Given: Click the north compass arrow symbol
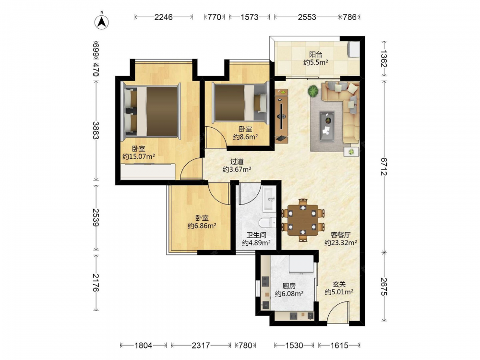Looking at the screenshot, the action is click(x=101, y=22).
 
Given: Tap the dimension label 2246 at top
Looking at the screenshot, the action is click(x=164, y=17).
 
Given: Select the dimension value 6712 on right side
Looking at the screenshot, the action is click(x=384, y=167).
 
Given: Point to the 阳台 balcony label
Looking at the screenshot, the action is click(x=315, y=55).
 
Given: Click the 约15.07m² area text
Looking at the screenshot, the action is click(x=138, y=157).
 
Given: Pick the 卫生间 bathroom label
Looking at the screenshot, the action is click(x=256, y=235).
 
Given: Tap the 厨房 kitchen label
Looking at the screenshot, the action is click(x=289, y=286).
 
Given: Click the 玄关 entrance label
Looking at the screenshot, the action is click(x=339, y=284).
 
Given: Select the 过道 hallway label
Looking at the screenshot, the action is click(x=237, y=161).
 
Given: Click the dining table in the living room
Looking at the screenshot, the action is click(x=303, y=220).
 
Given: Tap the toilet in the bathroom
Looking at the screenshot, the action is click(x=267, y=223).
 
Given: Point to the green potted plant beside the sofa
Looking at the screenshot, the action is click(x=313, y=91).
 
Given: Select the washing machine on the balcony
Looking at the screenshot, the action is click(x=354, y=49).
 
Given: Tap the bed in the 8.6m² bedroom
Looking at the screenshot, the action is click(x=240, y=103).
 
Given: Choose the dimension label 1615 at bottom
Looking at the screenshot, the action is click(x=339, y=346).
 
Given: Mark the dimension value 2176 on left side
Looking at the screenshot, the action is click(x=96, y=283).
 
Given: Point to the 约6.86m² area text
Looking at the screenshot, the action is click(x=202, y=226).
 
